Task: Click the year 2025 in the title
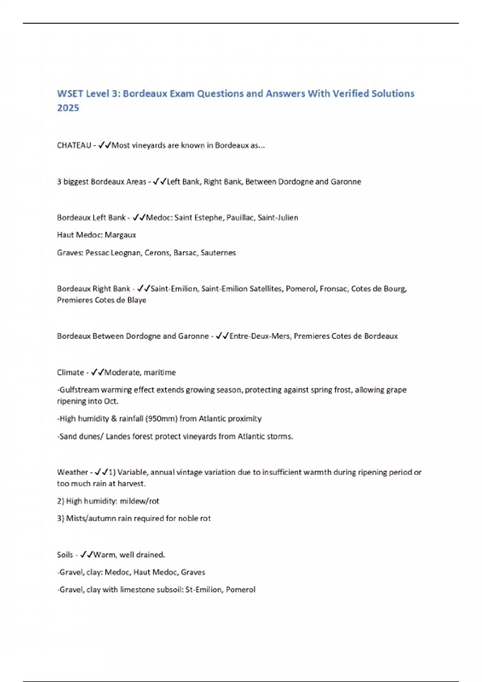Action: pyautogui.click(x=68, y=108)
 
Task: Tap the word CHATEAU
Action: pyautogui.click(x=74, y=145)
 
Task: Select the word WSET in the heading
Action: pyautogui.click(x=70, y=93)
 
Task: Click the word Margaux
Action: pyautogui.click(x=120, y=235)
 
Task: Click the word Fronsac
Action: pyautogui.click(x=333, y=289)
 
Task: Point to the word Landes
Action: pyautogui.click(x=118, y=436)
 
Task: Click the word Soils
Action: pyautogui.click(x=65, y=555)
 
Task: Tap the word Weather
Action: pyautogui.click(x=72, y=472)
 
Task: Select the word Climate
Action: pyautogui.click(x=70, y=372)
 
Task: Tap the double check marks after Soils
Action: pyautogui.click(x=86, y=555)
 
